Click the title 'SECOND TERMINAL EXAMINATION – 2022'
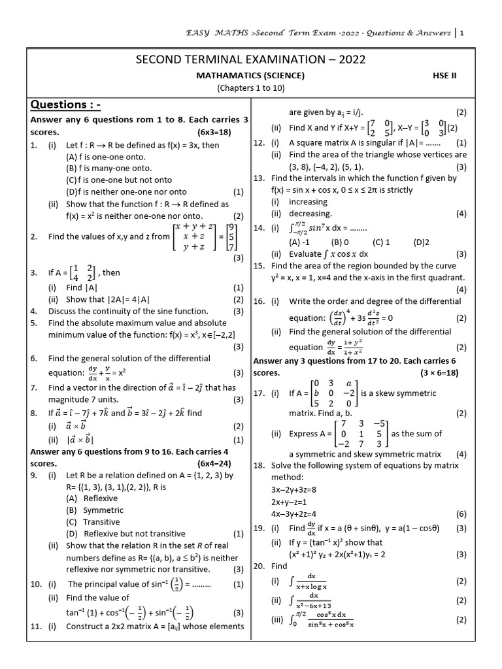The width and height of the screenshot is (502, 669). pyautogui.click(x=250, y=60)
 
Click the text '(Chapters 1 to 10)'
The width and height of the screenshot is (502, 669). pyautogui.click(x=250, y=88)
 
